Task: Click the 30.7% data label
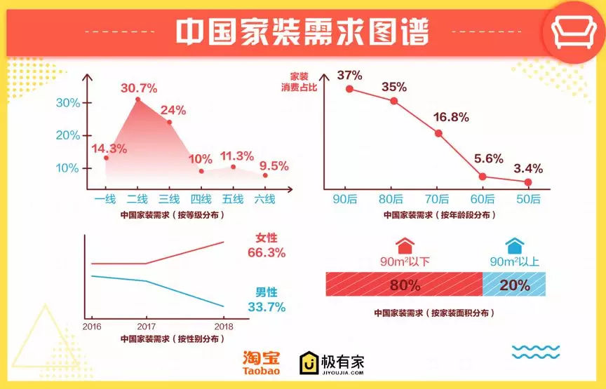pyautogui.click(x=139, y=88)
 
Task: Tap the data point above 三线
pyautogui.click(x=169, y=122)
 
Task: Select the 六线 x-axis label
pyautogui.click(x=264, y=199)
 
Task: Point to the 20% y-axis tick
pyautogui.click(x=68, y=135)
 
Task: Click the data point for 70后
pyautogui.click(x=438, y=133)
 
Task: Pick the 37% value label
pyautogui.click(x=349, y=75)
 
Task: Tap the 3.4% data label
pyautogui.click(x=527, y=168)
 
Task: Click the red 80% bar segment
pyautogui.click(x=404, y=285)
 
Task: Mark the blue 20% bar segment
pyautogui.click(x=514, y=285)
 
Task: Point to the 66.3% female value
pyautogui.click(x=267, y=253)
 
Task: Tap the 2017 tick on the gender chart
pyautogui.click(x=147, y=327)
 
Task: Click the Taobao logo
pyautogui.click(x=262, y=363)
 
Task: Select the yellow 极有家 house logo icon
pyautogui.click(x=309, y=362)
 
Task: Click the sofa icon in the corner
pyautogui.click(x=573, y=29)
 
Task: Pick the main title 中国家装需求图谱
pyautogui.click(x=302, y=32)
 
